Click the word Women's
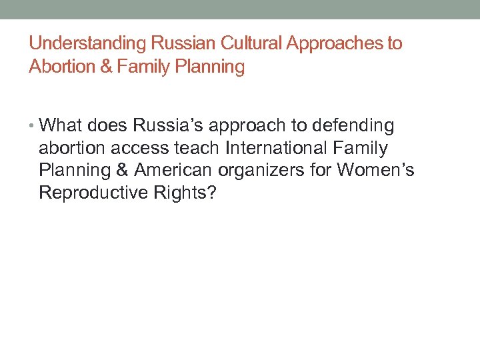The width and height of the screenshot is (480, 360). click(375, 171)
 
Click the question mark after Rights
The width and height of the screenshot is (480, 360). click(212, 193)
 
